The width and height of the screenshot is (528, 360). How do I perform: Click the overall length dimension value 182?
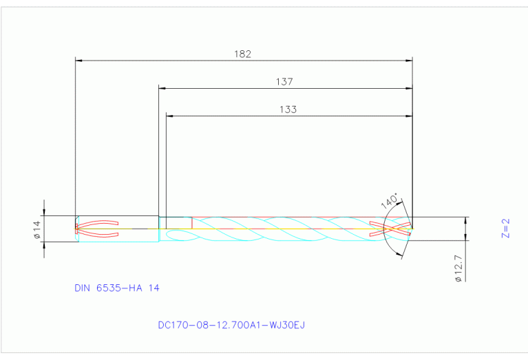[242, 54]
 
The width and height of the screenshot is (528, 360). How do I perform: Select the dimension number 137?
[284, 81]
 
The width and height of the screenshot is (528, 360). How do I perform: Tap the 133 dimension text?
[288, 109]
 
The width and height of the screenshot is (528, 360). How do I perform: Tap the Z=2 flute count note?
[505, 229]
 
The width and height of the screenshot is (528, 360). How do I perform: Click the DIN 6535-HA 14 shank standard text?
[117, 288]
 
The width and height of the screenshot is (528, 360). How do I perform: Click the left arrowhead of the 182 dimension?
[78, 61]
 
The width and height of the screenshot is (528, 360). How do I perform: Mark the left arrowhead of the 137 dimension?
[163, 88]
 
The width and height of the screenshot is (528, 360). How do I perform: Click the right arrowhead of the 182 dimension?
[408, 61]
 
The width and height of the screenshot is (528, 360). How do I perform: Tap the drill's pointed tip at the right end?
[412, 229]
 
